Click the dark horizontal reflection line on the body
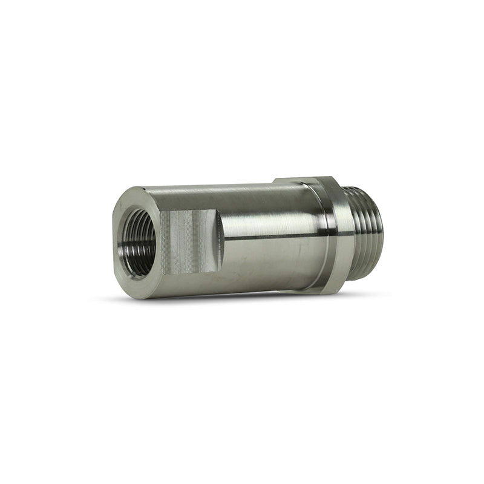tap(272, 239)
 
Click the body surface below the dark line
tap(272, 260)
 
